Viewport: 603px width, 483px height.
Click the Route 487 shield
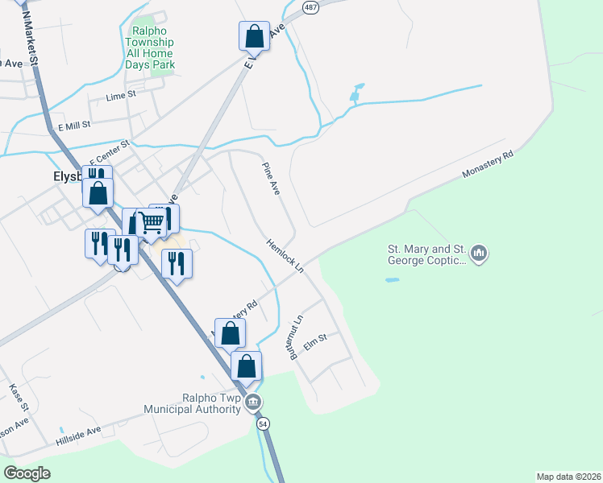(x=310, y=6)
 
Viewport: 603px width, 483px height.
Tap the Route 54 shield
(x=263, y=423)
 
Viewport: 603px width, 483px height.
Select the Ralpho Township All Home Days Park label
(x=150, y=47)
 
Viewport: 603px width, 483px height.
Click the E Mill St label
(x=73, y=126)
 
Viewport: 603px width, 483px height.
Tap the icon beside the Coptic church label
(x=480, y=254)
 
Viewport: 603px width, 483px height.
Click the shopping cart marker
(x=152, y=223)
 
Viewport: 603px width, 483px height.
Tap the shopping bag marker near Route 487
(x=254, y=36)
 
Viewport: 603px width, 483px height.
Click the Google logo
(x=27, y=473)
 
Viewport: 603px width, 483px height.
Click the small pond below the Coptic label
(x=392, y=280)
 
